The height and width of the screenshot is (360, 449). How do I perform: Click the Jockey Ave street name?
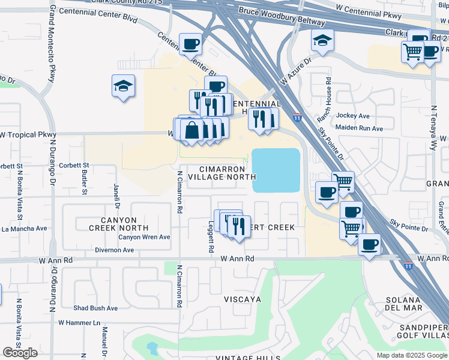pyautogui.click(x=354, y=116)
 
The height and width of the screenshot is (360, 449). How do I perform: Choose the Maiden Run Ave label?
pyautogui.click(x=360, y=128)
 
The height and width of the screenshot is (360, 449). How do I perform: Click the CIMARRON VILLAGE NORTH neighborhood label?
pyautogui.click(x=222, y=173)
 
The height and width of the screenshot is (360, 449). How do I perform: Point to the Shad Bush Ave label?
pyautogui.click(x=95, y=308)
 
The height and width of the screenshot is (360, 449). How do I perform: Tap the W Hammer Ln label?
pyautogui.click(x=79, y=322)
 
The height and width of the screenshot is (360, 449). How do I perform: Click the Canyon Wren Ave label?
pyautogui.click(x=144, y=237)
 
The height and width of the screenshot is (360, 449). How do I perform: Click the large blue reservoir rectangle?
pyautogui.click(x=276, y=170)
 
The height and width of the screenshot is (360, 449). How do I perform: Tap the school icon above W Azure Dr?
pyautogui.click(x=322, y=41)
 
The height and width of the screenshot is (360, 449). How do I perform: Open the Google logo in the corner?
pyautogui.click(x=20, y=352)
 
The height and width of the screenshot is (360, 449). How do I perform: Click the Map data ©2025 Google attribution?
pyautogui.click(x=411, y=355)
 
